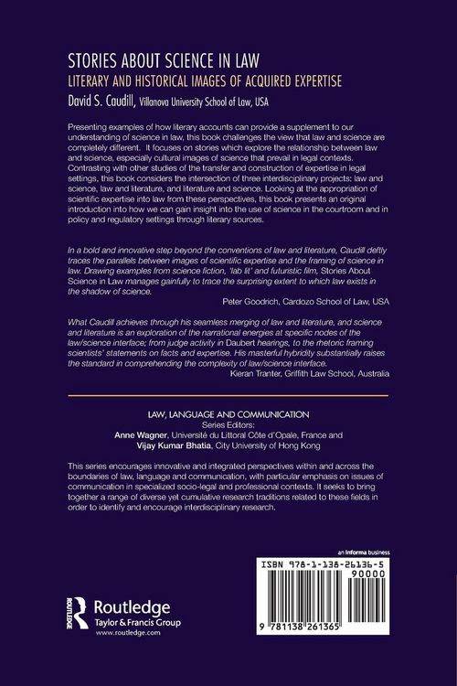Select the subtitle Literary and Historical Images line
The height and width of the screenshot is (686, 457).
coord(197,80)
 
